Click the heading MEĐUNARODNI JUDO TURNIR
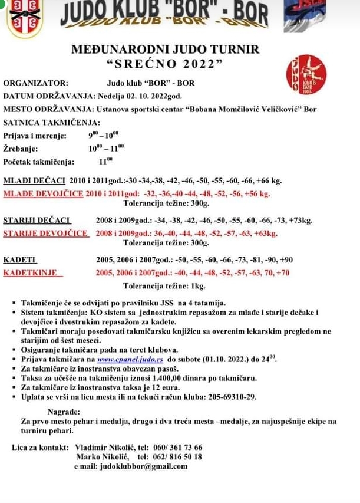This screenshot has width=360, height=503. [165, 50]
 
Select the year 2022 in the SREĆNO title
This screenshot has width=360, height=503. [200, 64]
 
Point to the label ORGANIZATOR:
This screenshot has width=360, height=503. [36, 83]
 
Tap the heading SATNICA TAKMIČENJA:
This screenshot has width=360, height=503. [52, 123]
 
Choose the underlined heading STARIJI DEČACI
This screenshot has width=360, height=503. [37, 220]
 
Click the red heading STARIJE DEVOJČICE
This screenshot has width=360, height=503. [46, 233]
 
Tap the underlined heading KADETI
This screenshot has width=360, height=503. [20, 259]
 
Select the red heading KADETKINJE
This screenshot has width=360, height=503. [31, 272]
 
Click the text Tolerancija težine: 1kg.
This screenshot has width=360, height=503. [164, 286]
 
